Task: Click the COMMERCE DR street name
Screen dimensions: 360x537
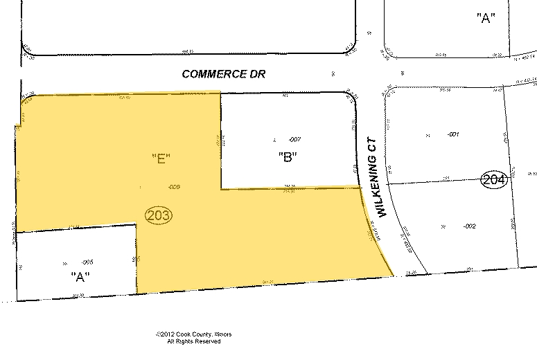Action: (x=224, y=73)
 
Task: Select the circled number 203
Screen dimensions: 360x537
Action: (x=159, y=215)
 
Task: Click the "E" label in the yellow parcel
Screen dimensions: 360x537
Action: (x=161, y=159)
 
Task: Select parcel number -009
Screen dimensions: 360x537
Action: (x=175, y=187)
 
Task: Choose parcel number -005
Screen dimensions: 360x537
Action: (x=87, y=262)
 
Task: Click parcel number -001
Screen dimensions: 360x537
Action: (x=453, y=134)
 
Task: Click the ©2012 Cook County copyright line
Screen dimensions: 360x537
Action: (x=194, y=335)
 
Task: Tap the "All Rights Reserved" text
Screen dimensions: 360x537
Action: (x=194, y=342)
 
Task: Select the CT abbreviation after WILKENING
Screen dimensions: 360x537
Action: (x=373, y=144)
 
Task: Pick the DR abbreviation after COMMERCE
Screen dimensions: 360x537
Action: (x=258, y=73)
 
